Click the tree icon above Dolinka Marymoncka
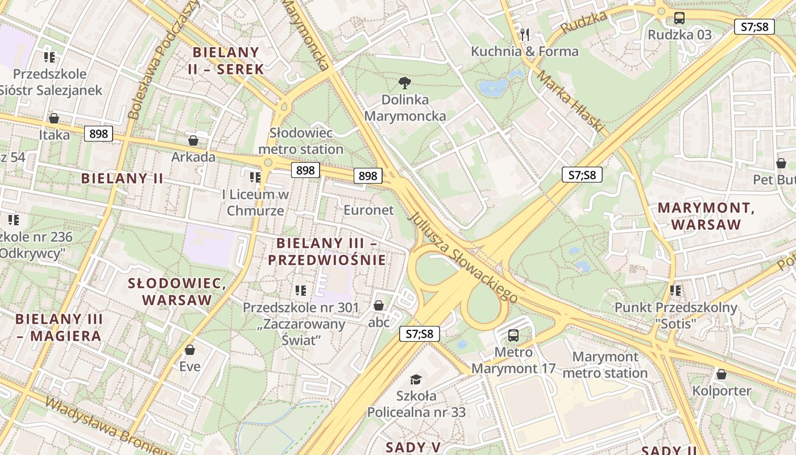point(405,83)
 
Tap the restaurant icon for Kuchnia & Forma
point(525,34)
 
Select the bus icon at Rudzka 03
point(679,18)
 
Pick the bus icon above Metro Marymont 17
point(513,335)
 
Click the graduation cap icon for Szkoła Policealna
point(416,379)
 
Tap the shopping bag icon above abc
point(379,306)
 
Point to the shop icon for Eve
point(190,349)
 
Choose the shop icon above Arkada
point(193,140)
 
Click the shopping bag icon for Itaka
point(54,118)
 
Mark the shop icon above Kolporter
point(722,374)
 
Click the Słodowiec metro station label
point(301,140)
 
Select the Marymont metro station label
point(605,365)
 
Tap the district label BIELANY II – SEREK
point(226,61)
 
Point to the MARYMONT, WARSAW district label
point(706,216)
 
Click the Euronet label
point(368,210)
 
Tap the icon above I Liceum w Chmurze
point(255,177)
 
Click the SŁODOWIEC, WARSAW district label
point(177,291)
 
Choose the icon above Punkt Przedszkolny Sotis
point(675,291)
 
